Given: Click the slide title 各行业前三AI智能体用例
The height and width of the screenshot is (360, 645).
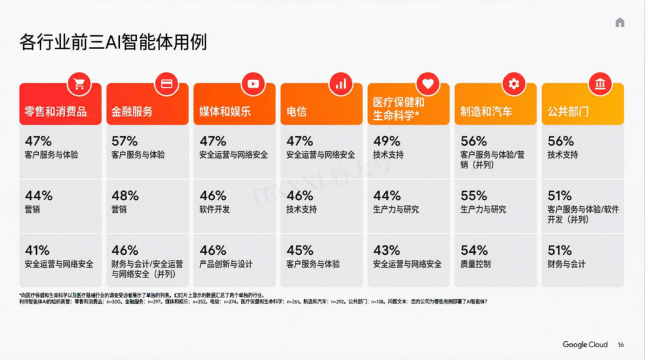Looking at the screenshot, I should [113, 43].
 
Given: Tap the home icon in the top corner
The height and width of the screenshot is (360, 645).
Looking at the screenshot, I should [620, 23].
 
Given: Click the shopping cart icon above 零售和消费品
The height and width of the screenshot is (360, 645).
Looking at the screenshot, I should [79, 83].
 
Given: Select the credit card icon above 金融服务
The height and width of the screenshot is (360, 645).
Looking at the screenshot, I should [166, 83].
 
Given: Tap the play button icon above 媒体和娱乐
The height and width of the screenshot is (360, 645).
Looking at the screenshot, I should [252, 83].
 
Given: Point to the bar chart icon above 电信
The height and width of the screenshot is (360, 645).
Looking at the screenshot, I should [340, 83].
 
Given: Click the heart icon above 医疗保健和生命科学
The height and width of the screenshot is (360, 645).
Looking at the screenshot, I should [427, 83].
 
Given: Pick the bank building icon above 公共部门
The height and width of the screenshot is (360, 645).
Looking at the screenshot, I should [600, 83].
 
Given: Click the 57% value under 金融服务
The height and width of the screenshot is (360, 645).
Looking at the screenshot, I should [124, 141].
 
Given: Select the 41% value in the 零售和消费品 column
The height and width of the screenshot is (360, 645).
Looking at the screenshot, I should [38, 250].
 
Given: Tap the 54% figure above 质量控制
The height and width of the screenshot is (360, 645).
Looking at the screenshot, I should [474, 250].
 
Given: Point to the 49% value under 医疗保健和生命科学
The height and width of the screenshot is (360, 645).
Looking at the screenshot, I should [386, 141].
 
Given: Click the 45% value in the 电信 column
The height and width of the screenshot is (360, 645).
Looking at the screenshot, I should [299, 250].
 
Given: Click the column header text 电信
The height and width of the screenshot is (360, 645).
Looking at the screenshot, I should [296, 112].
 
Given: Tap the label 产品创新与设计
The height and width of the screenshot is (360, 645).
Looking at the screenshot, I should [226, 264].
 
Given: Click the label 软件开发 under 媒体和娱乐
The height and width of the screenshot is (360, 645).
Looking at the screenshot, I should [215, 209].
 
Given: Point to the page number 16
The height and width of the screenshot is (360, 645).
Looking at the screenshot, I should [620, 345].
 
